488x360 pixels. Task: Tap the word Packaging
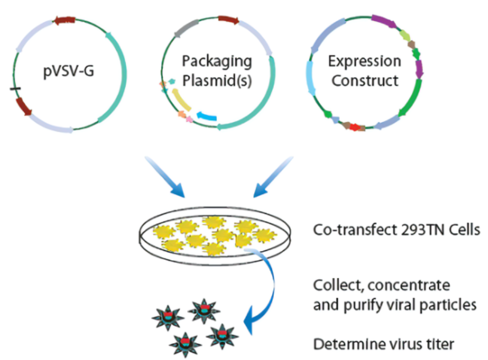[x=217, y=62]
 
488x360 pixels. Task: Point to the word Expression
[x=364, y=62]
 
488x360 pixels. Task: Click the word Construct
[x=364, y=80]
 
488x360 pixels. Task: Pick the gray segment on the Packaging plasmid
[x=186, y=29]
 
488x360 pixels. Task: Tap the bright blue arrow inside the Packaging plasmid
[x=206, y=116]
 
